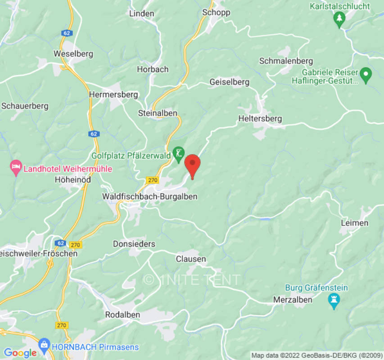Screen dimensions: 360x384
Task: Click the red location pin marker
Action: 193,165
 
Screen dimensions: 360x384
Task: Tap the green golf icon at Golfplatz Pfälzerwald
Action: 179,154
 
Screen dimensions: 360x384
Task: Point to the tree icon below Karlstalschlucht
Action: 339,18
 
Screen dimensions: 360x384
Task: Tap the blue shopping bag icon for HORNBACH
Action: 44,346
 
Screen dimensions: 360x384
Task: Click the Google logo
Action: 20,353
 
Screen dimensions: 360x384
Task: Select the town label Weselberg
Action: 73,54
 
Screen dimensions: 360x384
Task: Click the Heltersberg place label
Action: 260,119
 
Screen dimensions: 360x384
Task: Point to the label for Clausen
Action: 191,259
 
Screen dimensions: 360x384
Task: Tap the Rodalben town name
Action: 122,315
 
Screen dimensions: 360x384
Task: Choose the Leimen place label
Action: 355,223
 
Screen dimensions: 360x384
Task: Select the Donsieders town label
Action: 134,244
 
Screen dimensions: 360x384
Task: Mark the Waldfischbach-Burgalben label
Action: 149,196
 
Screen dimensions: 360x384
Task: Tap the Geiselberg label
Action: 229,82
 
